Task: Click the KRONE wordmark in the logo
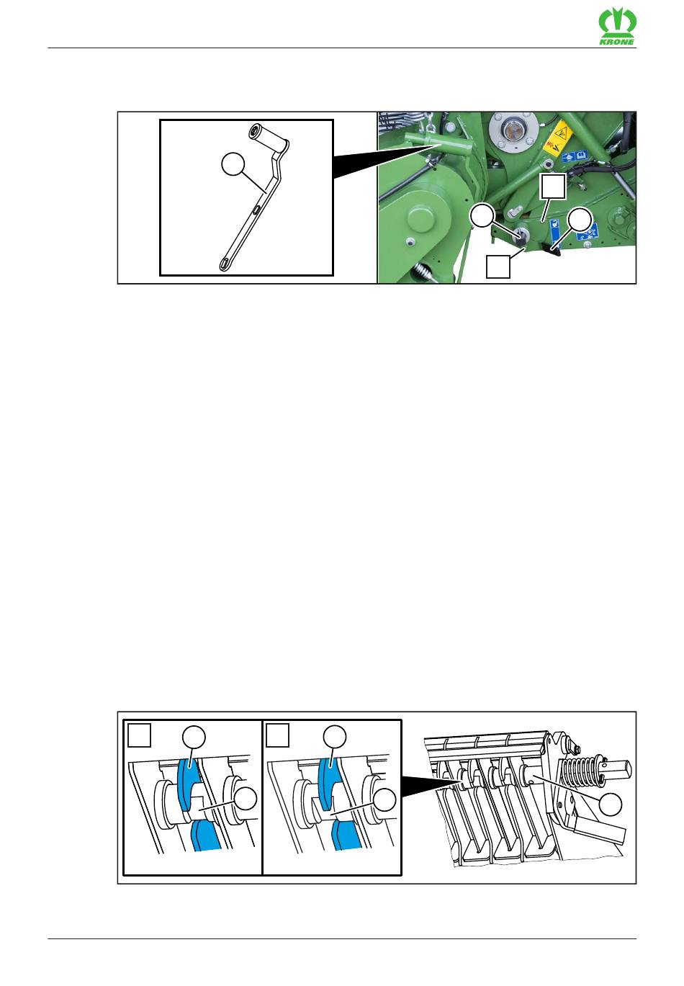click(616, 42)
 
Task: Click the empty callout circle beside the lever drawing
click(233, 164)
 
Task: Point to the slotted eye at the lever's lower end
click(225, 264)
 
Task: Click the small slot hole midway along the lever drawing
click(256, 210)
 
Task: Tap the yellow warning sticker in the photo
click(557, 140)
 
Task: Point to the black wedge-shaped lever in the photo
click(551, 249)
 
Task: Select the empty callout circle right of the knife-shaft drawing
click(611, 805)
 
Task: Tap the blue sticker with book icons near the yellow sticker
click(575, 156)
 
